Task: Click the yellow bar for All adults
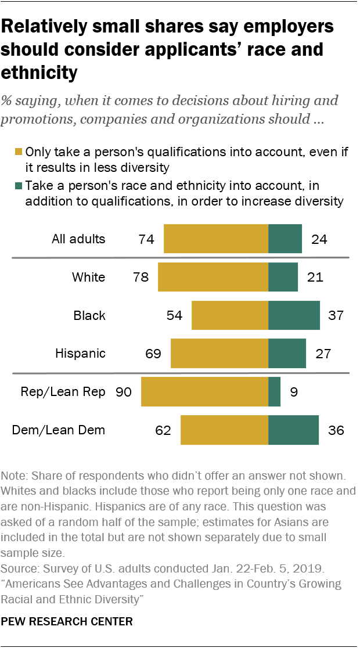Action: (215, 239)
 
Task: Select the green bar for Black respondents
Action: (294, 316)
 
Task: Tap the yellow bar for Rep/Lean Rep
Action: (204, 392)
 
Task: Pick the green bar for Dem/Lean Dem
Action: (293, 430)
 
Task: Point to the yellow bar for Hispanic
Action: (219, 353)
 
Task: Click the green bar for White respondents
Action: (283, 277)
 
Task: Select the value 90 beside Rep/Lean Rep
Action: (124, 392)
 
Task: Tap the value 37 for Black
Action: (336, 316)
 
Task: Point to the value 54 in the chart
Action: (174, 316)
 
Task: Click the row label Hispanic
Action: (80, 353)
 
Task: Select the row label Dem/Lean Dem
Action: (59, 430)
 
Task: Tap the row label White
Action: (88, 277)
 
